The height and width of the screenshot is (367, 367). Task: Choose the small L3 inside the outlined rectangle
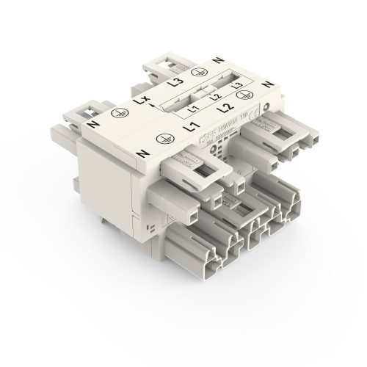tap(236, 87)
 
